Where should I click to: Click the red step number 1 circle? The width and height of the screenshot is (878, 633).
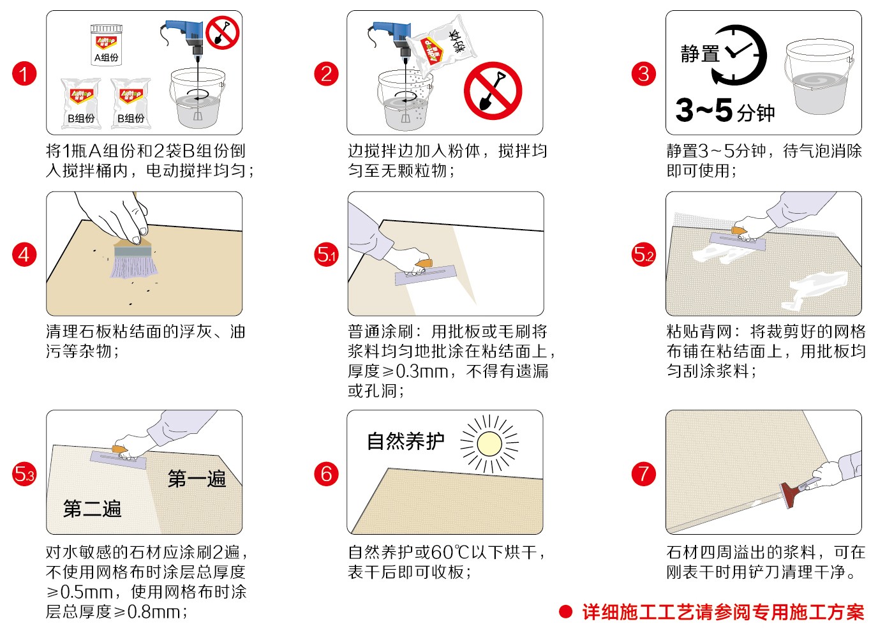pos(24,73)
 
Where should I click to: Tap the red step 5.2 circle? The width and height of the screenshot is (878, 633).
pos(644,255)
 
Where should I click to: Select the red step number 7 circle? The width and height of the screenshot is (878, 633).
pos(644,473)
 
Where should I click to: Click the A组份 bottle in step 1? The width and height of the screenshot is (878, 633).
pos(106,45)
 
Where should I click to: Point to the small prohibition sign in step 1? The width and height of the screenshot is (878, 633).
pos(223,33)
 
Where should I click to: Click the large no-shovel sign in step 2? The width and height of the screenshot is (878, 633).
pos(493,90)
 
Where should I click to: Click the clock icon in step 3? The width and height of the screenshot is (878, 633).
pos(739,55)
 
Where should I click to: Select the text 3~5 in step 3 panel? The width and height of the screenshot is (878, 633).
pos(704,110)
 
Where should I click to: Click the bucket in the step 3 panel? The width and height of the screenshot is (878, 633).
pos(819,77)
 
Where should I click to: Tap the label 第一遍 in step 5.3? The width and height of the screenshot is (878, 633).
pos(197,479)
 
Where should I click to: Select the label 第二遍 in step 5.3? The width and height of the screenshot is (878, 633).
pos(92,509)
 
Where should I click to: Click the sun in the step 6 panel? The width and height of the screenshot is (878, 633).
pos(489,443)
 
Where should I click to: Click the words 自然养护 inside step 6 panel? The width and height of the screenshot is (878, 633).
pos(406,442)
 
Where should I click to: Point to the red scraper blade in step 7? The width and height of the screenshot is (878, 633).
pos(789,495)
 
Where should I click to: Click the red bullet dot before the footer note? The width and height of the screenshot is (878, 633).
pos(565,611)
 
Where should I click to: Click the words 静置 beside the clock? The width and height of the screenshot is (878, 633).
pos(700,54)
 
